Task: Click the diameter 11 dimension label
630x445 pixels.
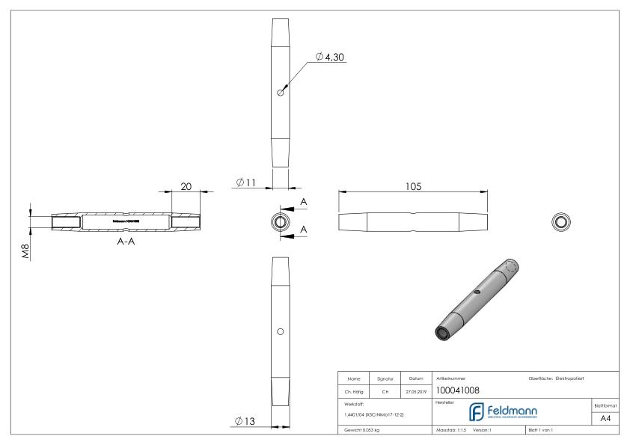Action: coord(247,182)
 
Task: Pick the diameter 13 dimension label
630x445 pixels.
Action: coord(246,422)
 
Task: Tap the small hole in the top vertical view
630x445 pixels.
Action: coord(280,92)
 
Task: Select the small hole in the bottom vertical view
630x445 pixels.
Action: coord(280,331)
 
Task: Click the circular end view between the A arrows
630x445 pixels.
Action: coord(280,221)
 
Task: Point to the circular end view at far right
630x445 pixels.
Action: coord(560,221)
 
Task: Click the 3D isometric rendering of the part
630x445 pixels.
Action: coord(477,299)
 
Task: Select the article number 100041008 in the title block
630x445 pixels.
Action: coord(456,390)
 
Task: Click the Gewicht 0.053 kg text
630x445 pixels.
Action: coord(362,432)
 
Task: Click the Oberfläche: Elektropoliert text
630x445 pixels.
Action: coord(560,377)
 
